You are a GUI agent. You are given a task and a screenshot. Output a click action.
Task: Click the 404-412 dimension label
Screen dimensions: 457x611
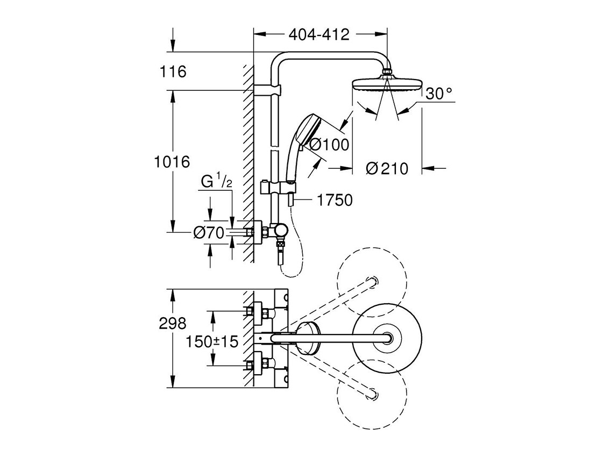click(x=319, y=35)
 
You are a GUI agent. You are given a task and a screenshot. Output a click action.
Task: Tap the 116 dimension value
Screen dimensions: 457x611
click(x=173, y=72)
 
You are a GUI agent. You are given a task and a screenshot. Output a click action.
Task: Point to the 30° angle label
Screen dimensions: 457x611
click(x=439, y=94)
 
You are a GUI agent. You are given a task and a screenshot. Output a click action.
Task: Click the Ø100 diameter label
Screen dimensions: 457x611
click(x=329, y=144)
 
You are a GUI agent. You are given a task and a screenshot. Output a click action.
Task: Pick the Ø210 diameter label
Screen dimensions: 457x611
click(x=387, y=169)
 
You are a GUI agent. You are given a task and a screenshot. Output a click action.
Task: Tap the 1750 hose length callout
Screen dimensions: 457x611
click(x=335, y=201)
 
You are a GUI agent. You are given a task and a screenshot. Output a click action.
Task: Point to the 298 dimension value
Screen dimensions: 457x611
click(x=173, y=323)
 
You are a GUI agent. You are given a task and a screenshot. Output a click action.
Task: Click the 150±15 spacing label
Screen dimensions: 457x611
click(x=212, y=341)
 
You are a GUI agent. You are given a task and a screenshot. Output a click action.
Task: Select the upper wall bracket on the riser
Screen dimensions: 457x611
click(x=267, y=90)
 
